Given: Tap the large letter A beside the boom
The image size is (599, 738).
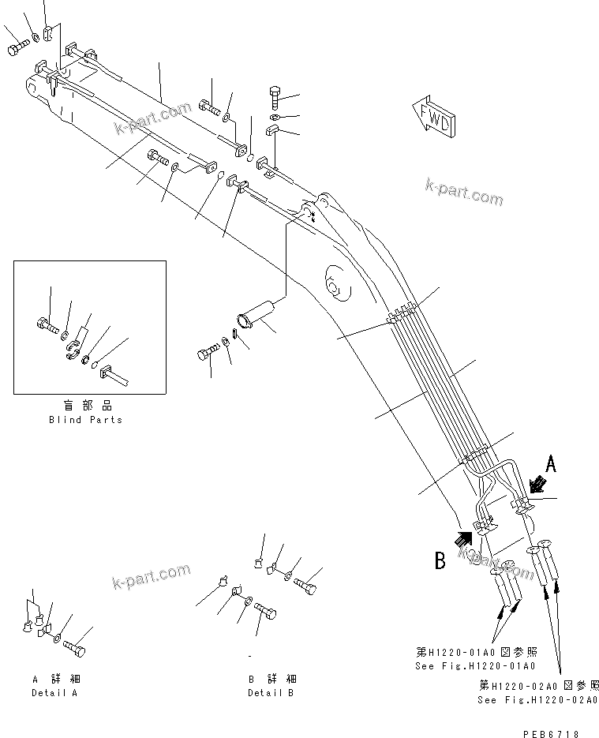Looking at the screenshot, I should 551,464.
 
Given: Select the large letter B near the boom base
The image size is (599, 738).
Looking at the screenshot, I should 440,561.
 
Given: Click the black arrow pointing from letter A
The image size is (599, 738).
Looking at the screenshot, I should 538,483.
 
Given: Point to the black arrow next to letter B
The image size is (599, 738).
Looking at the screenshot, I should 463,538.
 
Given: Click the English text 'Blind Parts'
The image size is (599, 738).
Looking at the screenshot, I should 85,420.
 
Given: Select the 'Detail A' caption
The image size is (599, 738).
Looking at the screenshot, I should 55,693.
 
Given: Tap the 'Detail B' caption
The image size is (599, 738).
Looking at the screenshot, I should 271,693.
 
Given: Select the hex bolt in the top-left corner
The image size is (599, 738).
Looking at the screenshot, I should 17,49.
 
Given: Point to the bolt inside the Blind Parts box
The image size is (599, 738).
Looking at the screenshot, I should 47,322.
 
